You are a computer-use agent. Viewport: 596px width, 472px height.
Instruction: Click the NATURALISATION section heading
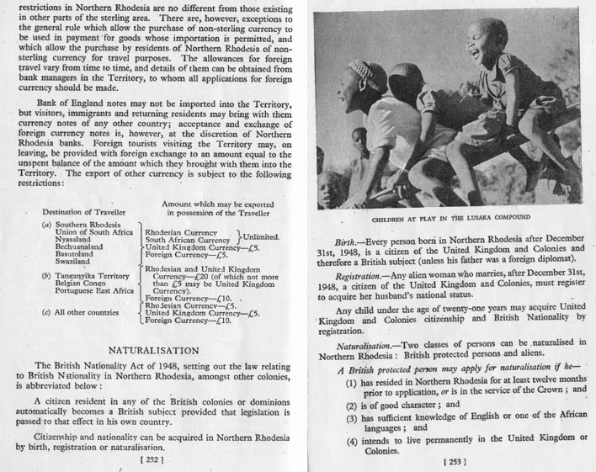coord(153,350)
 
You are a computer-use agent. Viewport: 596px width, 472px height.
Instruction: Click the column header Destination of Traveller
coord(81,211)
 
